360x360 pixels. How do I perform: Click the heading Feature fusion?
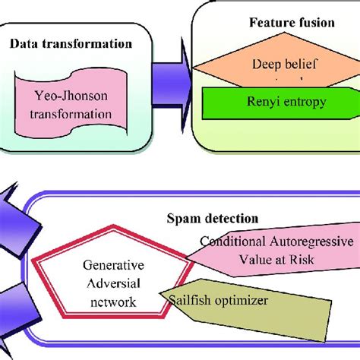[x=292, y=23]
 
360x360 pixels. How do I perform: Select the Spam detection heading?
[x=213, y=219]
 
